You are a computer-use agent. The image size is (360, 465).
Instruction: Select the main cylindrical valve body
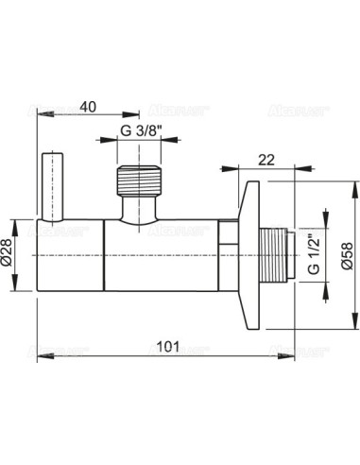coord(132,256)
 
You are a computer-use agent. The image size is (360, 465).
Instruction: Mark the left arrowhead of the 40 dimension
coord(40,113)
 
